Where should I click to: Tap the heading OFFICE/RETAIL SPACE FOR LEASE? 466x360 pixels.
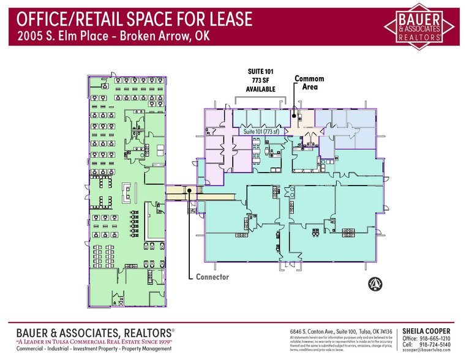pyautogui.click(x=130, y=19)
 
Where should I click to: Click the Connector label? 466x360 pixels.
pyautogui.click(x=212, y=277)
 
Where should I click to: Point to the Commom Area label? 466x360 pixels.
pyautogui.click(x=309, y=83)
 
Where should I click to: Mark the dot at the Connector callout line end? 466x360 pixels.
pyautogui.click(x=190, y=190)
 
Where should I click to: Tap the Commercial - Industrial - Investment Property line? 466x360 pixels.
pyautogui.click(x=93, y=349)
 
